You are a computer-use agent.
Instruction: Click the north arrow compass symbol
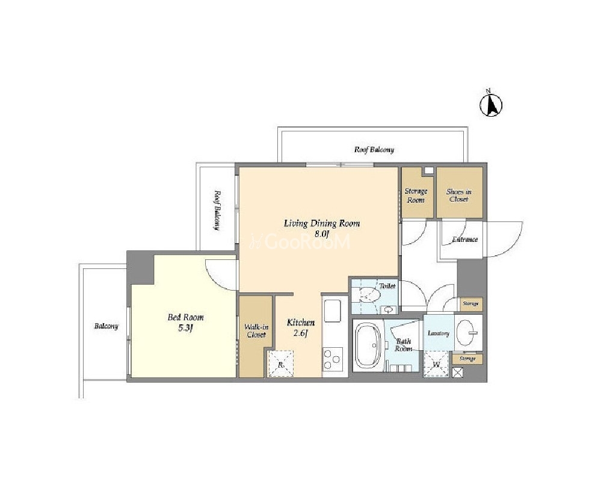tap(491, 104)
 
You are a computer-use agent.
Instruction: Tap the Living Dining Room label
tap(322, 223)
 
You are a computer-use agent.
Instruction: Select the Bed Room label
tap(185, 318)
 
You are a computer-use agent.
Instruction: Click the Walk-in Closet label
tap(256, 331)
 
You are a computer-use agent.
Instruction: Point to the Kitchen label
tap(301, 323)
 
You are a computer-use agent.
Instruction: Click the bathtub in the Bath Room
tap(368, 345)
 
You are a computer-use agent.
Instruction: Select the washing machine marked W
tap(436, 364)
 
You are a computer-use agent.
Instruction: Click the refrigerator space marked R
tap(280, 364)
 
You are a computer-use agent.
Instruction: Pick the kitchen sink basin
tap(333, 311)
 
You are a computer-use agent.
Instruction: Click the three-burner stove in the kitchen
tap(332, 359)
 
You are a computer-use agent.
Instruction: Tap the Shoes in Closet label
tap(459, 196)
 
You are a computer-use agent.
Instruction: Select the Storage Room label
tap(416, 196)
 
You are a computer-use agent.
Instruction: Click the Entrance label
tap(465, 239)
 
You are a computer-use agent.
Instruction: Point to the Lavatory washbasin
tap(468, 332)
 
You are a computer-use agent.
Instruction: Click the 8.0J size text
tap(322, 234)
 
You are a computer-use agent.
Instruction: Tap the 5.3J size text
tap(185, 328)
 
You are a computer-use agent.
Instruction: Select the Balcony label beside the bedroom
tap(106, 326)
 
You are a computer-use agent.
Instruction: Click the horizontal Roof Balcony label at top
tap(374, 150)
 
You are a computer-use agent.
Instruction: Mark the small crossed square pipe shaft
tap(458, 372)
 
